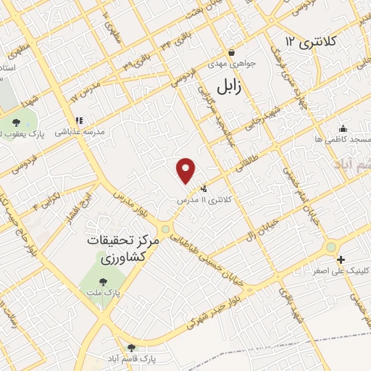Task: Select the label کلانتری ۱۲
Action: [x=312, y=41]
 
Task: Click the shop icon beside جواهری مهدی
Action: [x=231, y=52]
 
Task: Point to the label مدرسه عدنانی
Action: [x=86, y=132]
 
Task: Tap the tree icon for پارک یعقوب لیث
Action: [x=17, y=122]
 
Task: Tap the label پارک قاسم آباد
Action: [x=131, y=359]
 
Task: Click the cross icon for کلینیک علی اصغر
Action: [x=341, y=259]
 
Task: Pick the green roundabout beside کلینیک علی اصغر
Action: [x=331, y=247]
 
